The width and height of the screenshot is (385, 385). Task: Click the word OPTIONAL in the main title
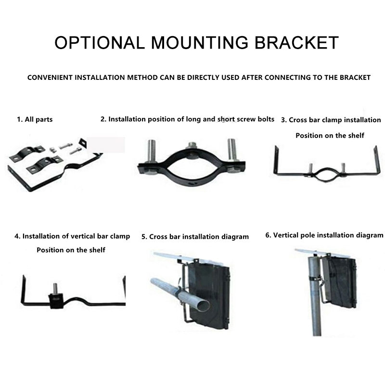(100, 42)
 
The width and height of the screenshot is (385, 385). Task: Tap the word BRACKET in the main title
(296, 42)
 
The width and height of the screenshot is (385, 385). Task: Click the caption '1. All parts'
(35, 119)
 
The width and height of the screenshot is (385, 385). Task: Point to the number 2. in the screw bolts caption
(103, 119)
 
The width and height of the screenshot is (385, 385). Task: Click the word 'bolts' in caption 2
(266, 119)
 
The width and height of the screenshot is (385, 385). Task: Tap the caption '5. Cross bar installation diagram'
(195, 237)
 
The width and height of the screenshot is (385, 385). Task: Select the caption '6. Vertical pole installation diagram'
(324, 235)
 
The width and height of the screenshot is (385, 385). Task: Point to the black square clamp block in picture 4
(57, 301)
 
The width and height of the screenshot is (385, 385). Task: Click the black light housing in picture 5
(209, 295)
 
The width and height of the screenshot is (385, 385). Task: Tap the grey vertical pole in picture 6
(314, 294)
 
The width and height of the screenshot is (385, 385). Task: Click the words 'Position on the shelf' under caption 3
(330, 136)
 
